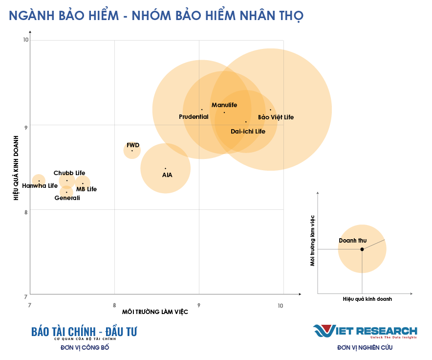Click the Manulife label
tap(224, 105)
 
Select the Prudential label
tap(194, 117)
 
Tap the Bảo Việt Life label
tap(276, 117)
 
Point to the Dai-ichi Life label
tap(248, 132)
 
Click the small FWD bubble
tap(132, 150)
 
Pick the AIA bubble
tap(165, 169)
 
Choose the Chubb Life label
tap(69, 173)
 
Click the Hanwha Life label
tap(40, 186)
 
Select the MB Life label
tap(86, 189)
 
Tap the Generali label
tap(67, 198)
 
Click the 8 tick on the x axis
tap(114, 305)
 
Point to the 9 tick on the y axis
tap(26, 125)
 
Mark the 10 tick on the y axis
tap(26, 40)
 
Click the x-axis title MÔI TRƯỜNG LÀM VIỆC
tap(155, 312)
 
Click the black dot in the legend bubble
tap(362, 249)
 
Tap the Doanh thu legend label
tap(352, 241)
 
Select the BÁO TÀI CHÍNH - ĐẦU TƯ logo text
tap(84, 332)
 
